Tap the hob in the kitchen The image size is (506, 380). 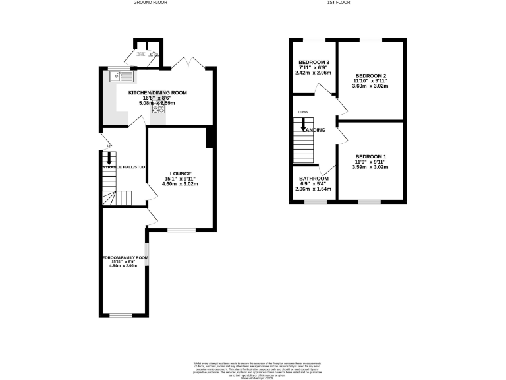[158, 110]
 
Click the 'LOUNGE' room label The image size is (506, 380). [180, 174]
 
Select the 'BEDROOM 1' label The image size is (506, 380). [370, 156]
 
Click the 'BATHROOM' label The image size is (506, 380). [314, 179]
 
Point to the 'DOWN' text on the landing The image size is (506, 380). [303, 112]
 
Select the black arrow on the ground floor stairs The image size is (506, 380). [109, 158]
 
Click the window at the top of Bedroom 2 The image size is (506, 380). [370, 41]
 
